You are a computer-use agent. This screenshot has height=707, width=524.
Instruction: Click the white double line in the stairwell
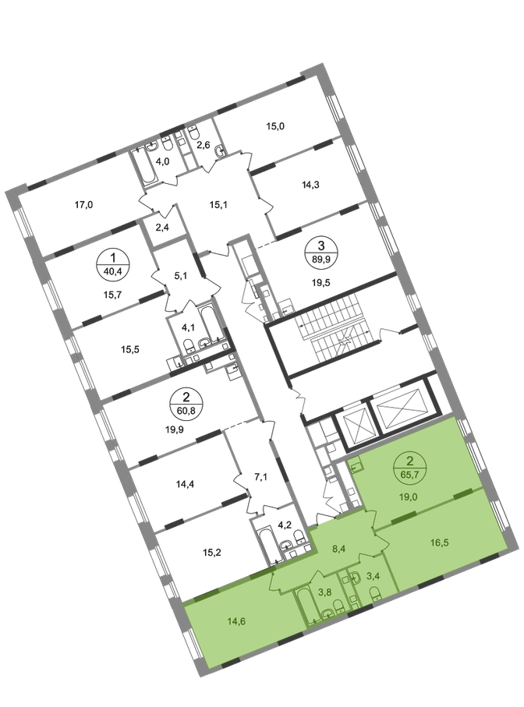(338, 327)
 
